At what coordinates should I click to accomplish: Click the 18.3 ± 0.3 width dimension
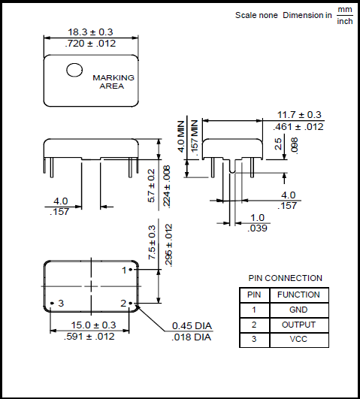(90, 32)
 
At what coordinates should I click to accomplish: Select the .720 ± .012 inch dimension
(90, 44)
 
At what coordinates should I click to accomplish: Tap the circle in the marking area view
(74, 70)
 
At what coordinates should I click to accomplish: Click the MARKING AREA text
(113, 82)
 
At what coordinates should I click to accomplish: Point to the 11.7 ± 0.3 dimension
(299, 115)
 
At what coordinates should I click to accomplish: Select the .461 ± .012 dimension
(299, 127)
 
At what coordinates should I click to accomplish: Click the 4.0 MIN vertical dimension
(181, 136)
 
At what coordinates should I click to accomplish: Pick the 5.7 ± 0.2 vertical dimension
(151, 186)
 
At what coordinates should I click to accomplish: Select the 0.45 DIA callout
(192, 325)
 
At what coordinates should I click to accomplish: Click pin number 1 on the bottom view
(125, 269)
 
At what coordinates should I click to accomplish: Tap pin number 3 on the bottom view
(61, 303)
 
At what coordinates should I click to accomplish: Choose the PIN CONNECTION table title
(285, 278)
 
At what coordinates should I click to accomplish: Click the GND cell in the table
(298, 310)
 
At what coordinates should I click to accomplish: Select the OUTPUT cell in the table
(298, 325)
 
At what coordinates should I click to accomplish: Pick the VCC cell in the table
(298, 340)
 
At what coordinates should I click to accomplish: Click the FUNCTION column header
(298, 295)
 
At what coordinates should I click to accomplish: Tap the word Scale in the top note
(246, 15)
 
